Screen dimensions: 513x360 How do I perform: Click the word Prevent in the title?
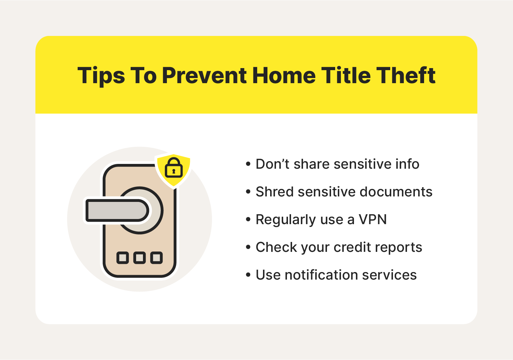204,75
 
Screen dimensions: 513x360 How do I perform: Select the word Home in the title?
284,75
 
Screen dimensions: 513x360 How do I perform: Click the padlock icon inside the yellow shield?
174,168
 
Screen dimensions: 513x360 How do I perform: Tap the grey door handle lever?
117,210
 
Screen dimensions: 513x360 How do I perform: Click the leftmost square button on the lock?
123,258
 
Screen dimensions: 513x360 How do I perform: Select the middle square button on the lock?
140,258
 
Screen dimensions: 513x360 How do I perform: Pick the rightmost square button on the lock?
156,258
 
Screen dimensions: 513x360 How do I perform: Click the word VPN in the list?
373,220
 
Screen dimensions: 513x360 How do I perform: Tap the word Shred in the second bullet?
275,192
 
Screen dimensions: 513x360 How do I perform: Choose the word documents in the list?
396,192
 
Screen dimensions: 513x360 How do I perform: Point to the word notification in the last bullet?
321,275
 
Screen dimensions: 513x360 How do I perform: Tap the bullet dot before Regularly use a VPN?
248,220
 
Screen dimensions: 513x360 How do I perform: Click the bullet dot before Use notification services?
248,275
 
